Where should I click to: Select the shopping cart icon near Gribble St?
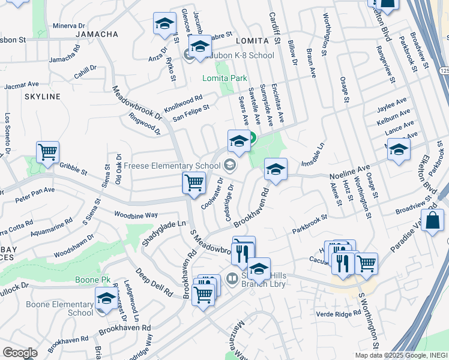point(47,152)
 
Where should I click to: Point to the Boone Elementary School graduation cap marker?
point(106,299)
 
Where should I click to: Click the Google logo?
point(20,353)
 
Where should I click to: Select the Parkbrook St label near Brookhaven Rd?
point(309,226)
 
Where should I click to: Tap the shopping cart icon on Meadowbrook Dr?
point(194,182)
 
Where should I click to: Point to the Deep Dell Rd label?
point(153,283)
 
